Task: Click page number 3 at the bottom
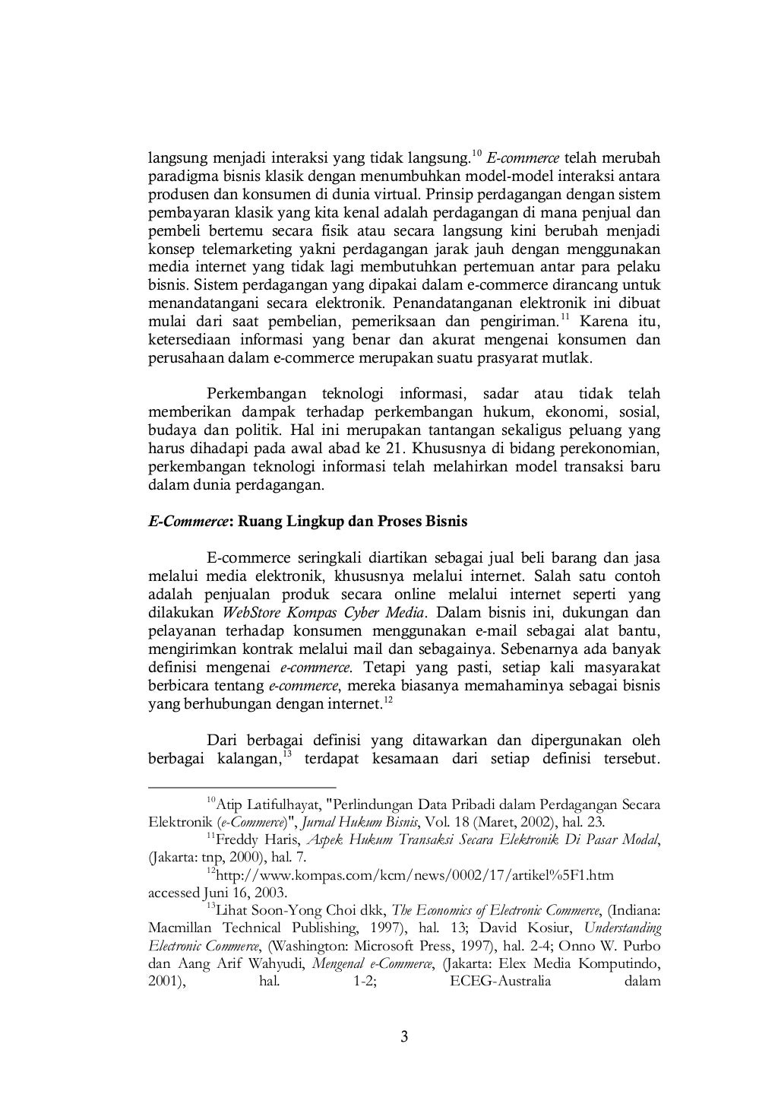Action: [x=404, y=1037]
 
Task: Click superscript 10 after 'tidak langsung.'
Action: [x=476, y=154]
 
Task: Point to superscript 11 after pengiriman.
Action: [x=565, y=316]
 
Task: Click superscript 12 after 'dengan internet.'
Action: [x=387, y=700]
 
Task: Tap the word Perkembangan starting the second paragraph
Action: [x=256, y=394]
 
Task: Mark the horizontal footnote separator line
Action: [x=242, y=788]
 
